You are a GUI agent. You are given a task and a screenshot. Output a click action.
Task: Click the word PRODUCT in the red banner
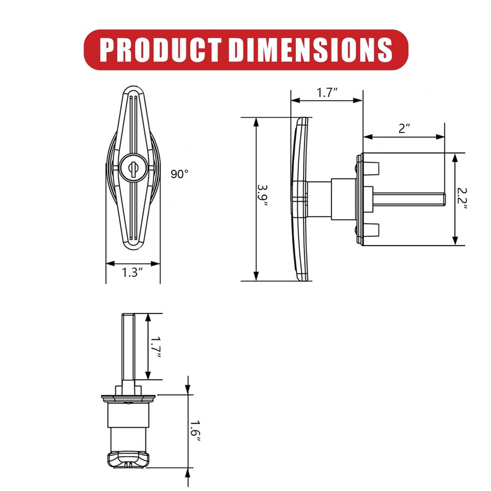tap(160, 50)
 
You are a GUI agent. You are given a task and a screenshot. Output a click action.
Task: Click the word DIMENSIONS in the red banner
tap(311, 50)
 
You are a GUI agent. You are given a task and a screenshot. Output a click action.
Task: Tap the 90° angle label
tap(179, 174)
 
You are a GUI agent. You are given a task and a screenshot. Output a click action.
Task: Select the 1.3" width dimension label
tap(132, 273)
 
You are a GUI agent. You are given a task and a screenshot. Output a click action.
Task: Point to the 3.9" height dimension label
tap(263, 195)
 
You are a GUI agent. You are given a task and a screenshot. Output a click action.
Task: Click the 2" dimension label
tap(404, 128)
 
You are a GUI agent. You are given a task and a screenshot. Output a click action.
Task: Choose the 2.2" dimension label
tap(462, 198)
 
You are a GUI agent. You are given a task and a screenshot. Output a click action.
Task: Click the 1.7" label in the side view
tap(327, 93)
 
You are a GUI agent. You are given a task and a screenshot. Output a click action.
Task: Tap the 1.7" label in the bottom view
tap(155, 347)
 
